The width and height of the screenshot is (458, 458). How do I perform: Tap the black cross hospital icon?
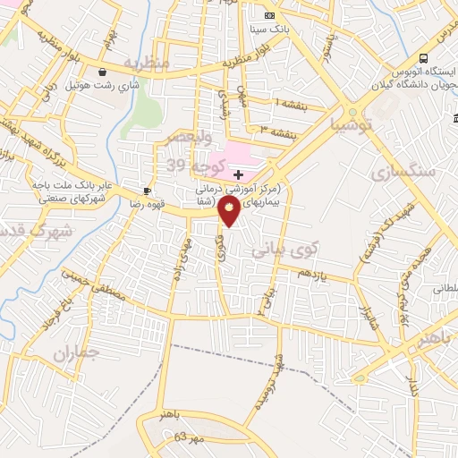(x=238, y=173)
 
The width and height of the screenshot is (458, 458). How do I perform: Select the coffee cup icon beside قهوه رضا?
(x=148, y=191)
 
